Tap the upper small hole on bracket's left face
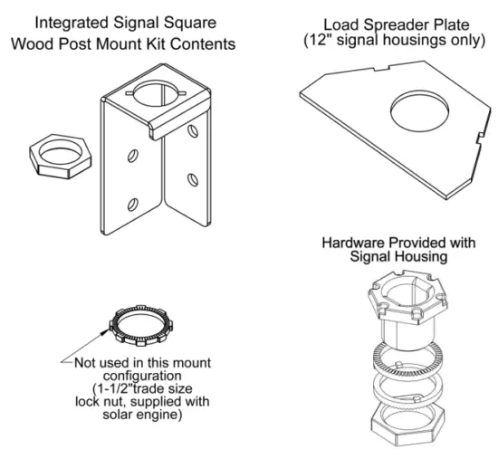(134, 157)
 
